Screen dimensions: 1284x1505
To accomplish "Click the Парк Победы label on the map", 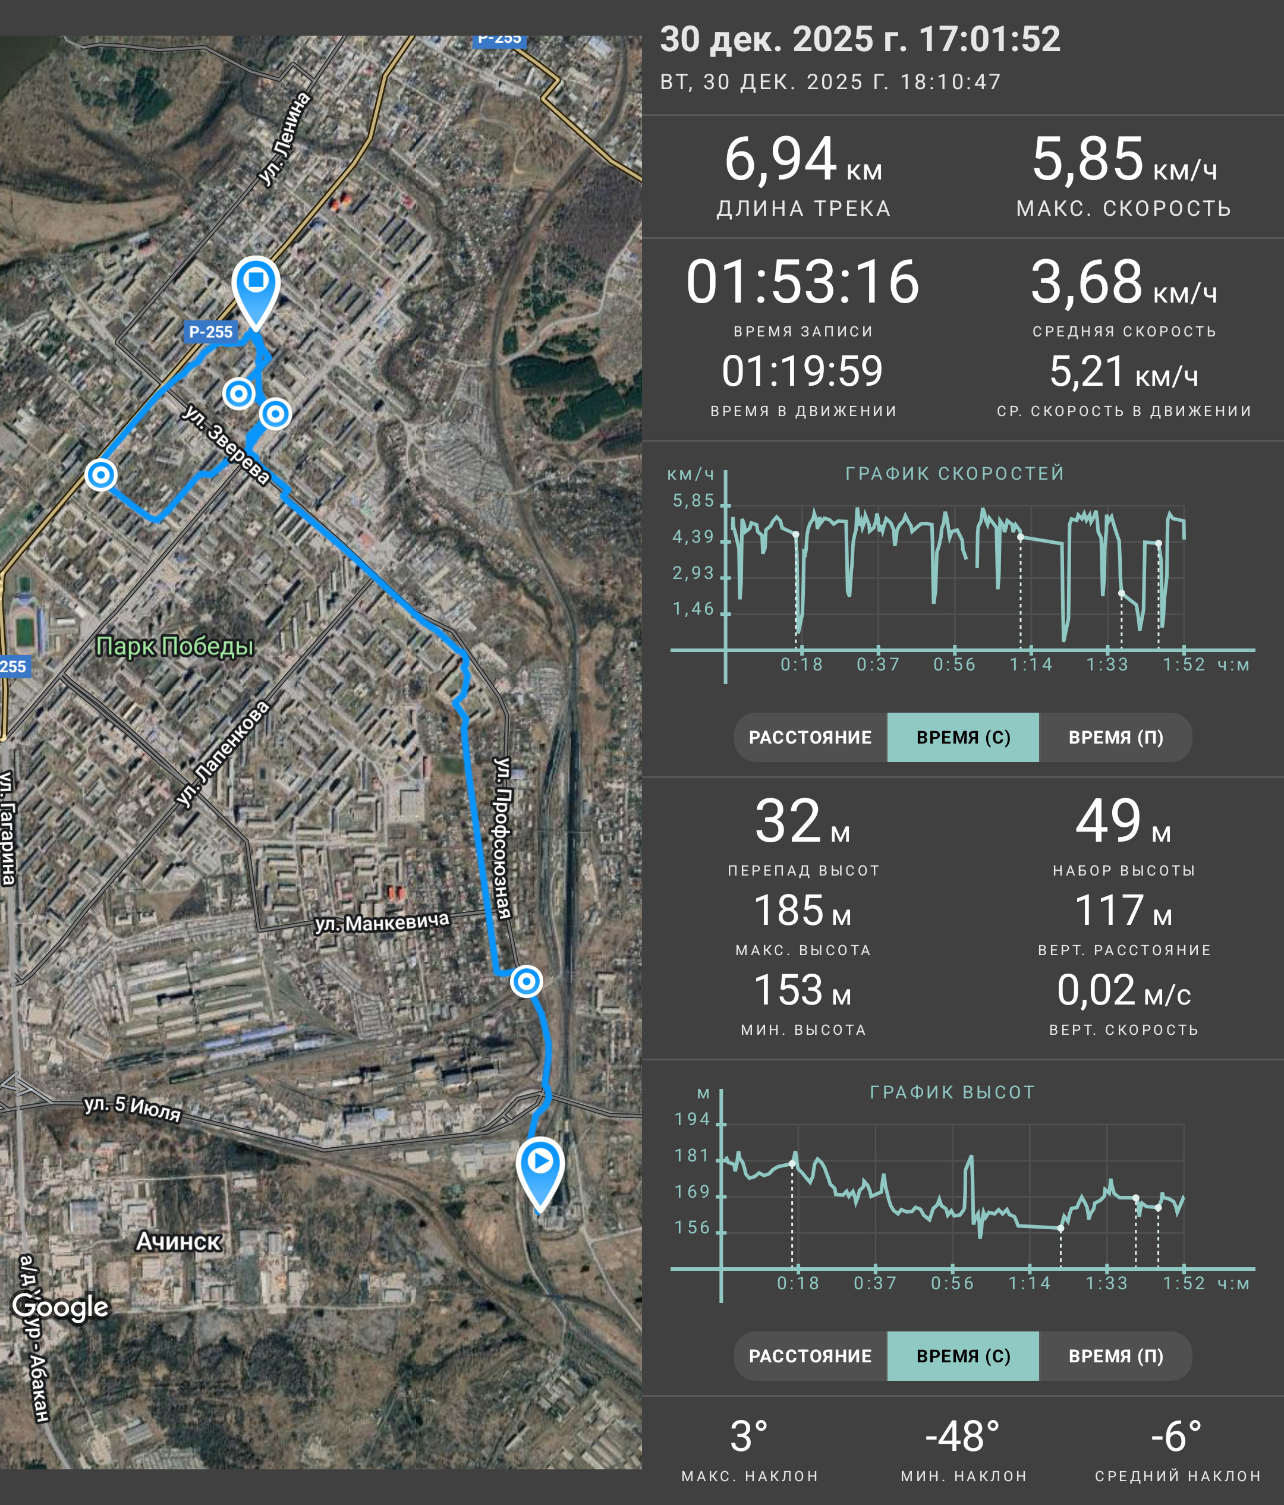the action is [175, 646].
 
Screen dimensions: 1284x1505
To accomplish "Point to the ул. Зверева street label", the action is [226, 444].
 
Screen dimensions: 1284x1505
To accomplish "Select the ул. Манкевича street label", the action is [382, 922].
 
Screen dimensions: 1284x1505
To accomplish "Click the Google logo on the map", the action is [60, 1305].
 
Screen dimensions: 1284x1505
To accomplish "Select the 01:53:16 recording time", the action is [802, 282].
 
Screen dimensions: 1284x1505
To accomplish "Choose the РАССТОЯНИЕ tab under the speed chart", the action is [810, 737].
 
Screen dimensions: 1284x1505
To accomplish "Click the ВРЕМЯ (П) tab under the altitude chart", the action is [1116, 1356].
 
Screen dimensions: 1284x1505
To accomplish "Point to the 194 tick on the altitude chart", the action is [692, 1119].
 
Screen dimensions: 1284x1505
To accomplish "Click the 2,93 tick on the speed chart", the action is [694, 573].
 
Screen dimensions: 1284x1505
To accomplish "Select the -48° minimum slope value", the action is [962, 1436].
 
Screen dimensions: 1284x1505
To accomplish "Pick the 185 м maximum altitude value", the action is [802, 910].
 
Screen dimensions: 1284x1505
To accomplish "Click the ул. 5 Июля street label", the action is [132, 1108].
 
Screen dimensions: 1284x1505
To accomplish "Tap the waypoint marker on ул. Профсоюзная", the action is [527, 981].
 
